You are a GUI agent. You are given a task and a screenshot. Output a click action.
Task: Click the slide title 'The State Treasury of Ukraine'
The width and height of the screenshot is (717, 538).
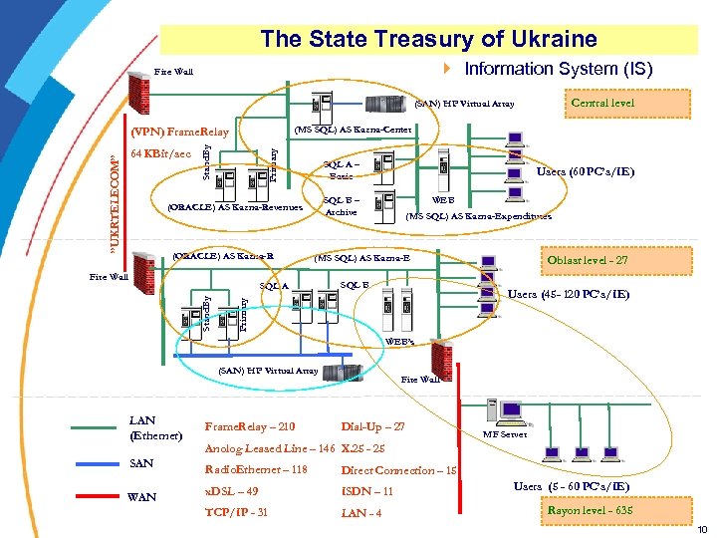click(428, 39)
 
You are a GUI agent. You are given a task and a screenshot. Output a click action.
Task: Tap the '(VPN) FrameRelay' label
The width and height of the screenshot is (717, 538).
click(180, 133)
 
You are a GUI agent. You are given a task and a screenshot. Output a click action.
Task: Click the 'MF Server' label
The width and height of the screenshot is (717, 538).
click(505, 434)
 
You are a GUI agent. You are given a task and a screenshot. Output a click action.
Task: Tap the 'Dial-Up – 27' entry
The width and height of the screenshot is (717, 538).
click(372, 426)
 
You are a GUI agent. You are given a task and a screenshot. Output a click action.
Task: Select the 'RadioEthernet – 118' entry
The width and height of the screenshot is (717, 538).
click(255, 469)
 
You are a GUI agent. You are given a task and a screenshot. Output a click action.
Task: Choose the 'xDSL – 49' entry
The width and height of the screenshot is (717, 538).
click(231, 491)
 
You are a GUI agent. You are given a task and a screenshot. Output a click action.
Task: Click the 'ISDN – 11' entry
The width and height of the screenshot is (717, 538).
click(367, 491)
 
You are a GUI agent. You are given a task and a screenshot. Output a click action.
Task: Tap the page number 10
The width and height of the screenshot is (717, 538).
click(703, 528)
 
